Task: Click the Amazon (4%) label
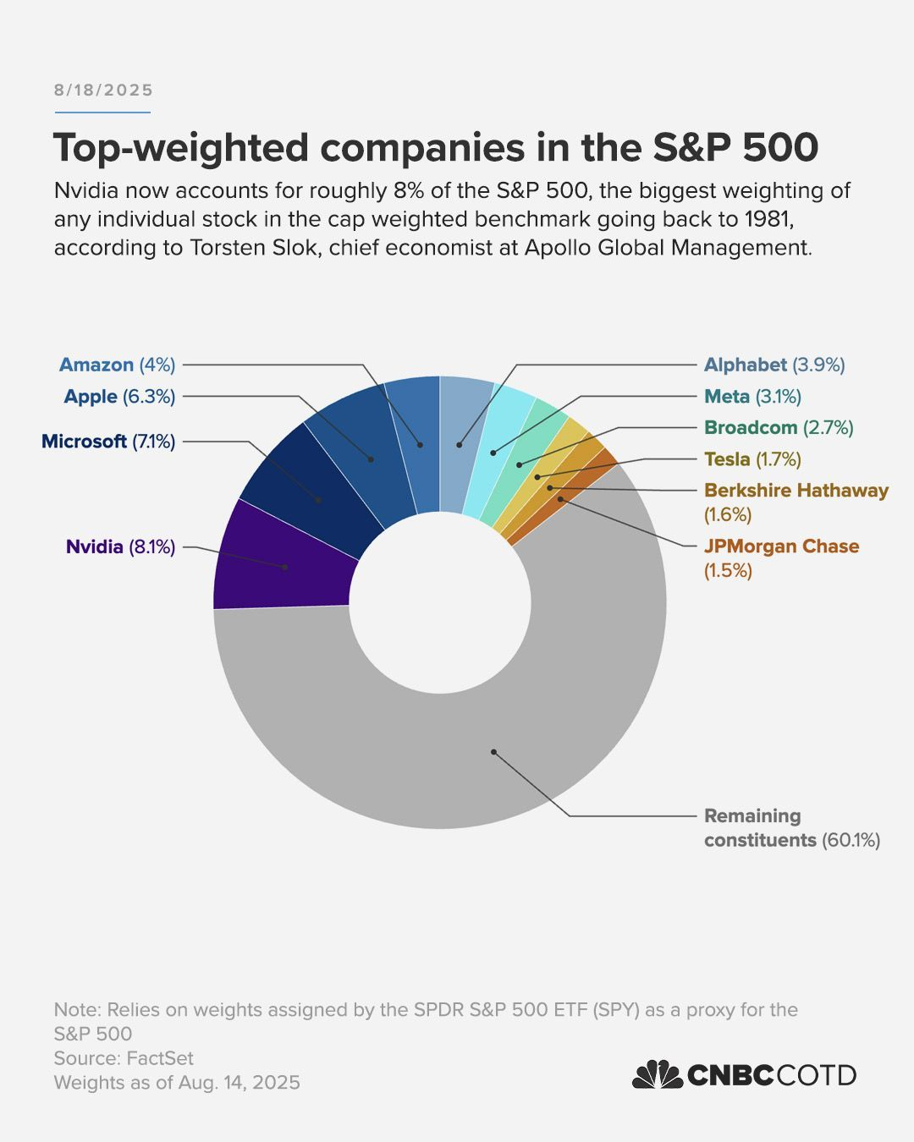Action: pyautogui.click(x=117, y=365)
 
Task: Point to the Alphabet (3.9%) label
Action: pyautogui.click(x=774, y=365)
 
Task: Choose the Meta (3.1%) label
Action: pyautogui.click(x=752, y=396)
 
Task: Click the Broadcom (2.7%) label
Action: pyautogui.click(x=779, y=427)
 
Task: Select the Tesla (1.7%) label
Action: pyautogui.click(x=752, y=458)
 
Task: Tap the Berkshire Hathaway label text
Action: pyautogui.click(x=796, y=491)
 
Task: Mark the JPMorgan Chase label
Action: pyautogui.click(x=781, y=546)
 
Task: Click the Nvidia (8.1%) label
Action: pyautogui.click(x=120, y=546)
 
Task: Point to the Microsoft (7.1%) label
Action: pyautogui.click(x=108, y=441)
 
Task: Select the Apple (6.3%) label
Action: pyautogui.click(x=119, y=396)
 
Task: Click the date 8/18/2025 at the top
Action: pyautogui.click(x=103, y=91)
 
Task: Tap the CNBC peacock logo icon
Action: pyautogui.click(x=657, y=1074)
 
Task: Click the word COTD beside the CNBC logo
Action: pyautogui.click(x=816, y=1075)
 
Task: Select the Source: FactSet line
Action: pyautogui.click(x=124, y=1058)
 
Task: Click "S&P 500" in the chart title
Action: pyautogui.click(x=735, y=148)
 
